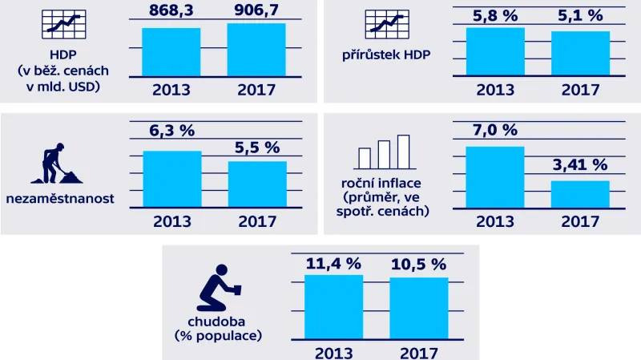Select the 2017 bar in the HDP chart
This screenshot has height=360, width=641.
256,50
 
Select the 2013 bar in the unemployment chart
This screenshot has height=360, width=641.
171,180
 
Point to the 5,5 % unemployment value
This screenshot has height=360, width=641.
257,148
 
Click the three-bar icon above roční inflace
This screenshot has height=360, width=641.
384,152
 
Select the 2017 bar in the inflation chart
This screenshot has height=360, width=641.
580,196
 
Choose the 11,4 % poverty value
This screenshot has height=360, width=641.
333,263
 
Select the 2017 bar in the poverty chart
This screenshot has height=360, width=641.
418,308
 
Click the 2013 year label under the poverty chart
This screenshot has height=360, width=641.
334,352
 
